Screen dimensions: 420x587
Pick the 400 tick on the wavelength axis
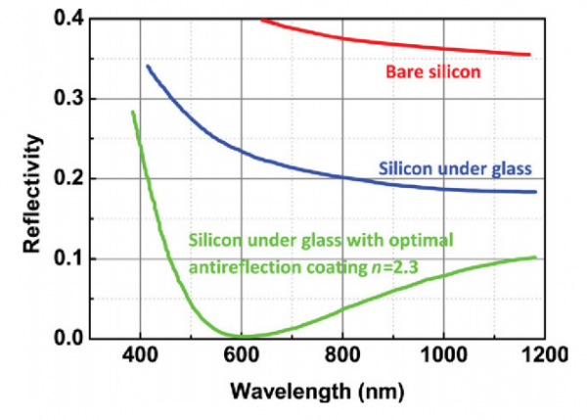tap(140, 360)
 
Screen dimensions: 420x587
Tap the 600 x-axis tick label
tap(242, 360)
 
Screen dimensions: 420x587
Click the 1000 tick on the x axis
tap(444, 360)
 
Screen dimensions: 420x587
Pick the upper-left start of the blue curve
tap(147, 66)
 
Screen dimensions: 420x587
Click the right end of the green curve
tap(536, 257)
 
